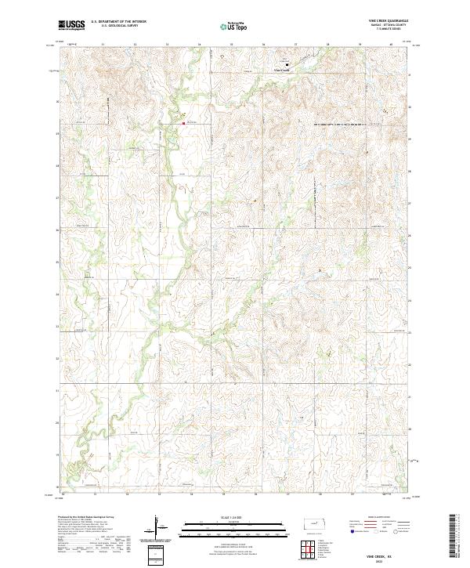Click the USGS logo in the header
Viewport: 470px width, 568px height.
coord(71,25)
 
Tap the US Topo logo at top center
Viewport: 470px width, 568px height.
coord(235,26)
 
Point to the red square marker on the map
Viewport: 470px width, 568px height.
coord(183,122)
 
